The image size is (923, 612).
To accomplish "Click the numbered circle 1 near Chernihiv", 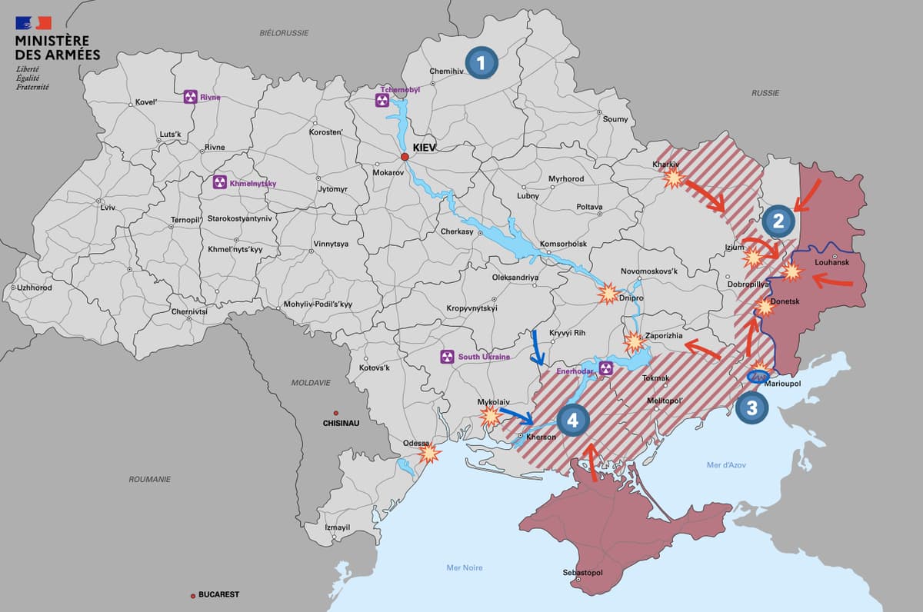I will [x=481, y=63].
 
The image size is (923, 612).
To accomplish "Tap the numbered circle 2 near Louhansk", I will [x=778, y=221].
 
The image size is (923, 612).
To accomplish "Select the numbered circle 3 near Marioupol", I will [x=751, y=408].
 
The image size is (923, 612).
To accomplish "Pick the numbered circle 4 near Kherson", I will [x=574, y=420].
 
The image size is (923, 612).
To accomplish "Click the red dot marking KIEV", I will [x=405, y=158].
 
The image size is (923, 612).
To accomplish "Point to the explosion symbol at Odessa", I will [x=428, y=453].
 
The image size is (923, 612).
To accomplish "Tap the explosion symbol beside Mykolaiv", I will [x=490, y=417].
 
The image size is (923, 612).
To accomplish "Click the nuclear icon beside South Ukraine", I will [x=447, y=357].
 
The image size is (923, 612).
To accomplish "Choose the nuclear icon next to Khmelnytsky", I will [x=219, y=183].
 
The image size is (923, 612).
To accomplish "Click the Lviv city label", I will [x=107, y=208].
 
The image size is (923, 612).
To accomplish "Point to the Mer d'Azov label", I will [x=725, y=464].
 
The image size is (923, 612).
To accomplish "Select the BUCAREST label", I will [x=218, y=594].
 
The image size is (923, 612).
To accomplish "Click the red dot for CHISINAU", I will [x=335, y=412].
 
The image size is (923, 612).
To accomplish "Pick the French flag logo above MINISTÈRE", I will [x=33, y=22].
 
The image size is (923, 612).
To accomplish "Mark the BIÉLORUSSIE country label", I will [x=284, y=33].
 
